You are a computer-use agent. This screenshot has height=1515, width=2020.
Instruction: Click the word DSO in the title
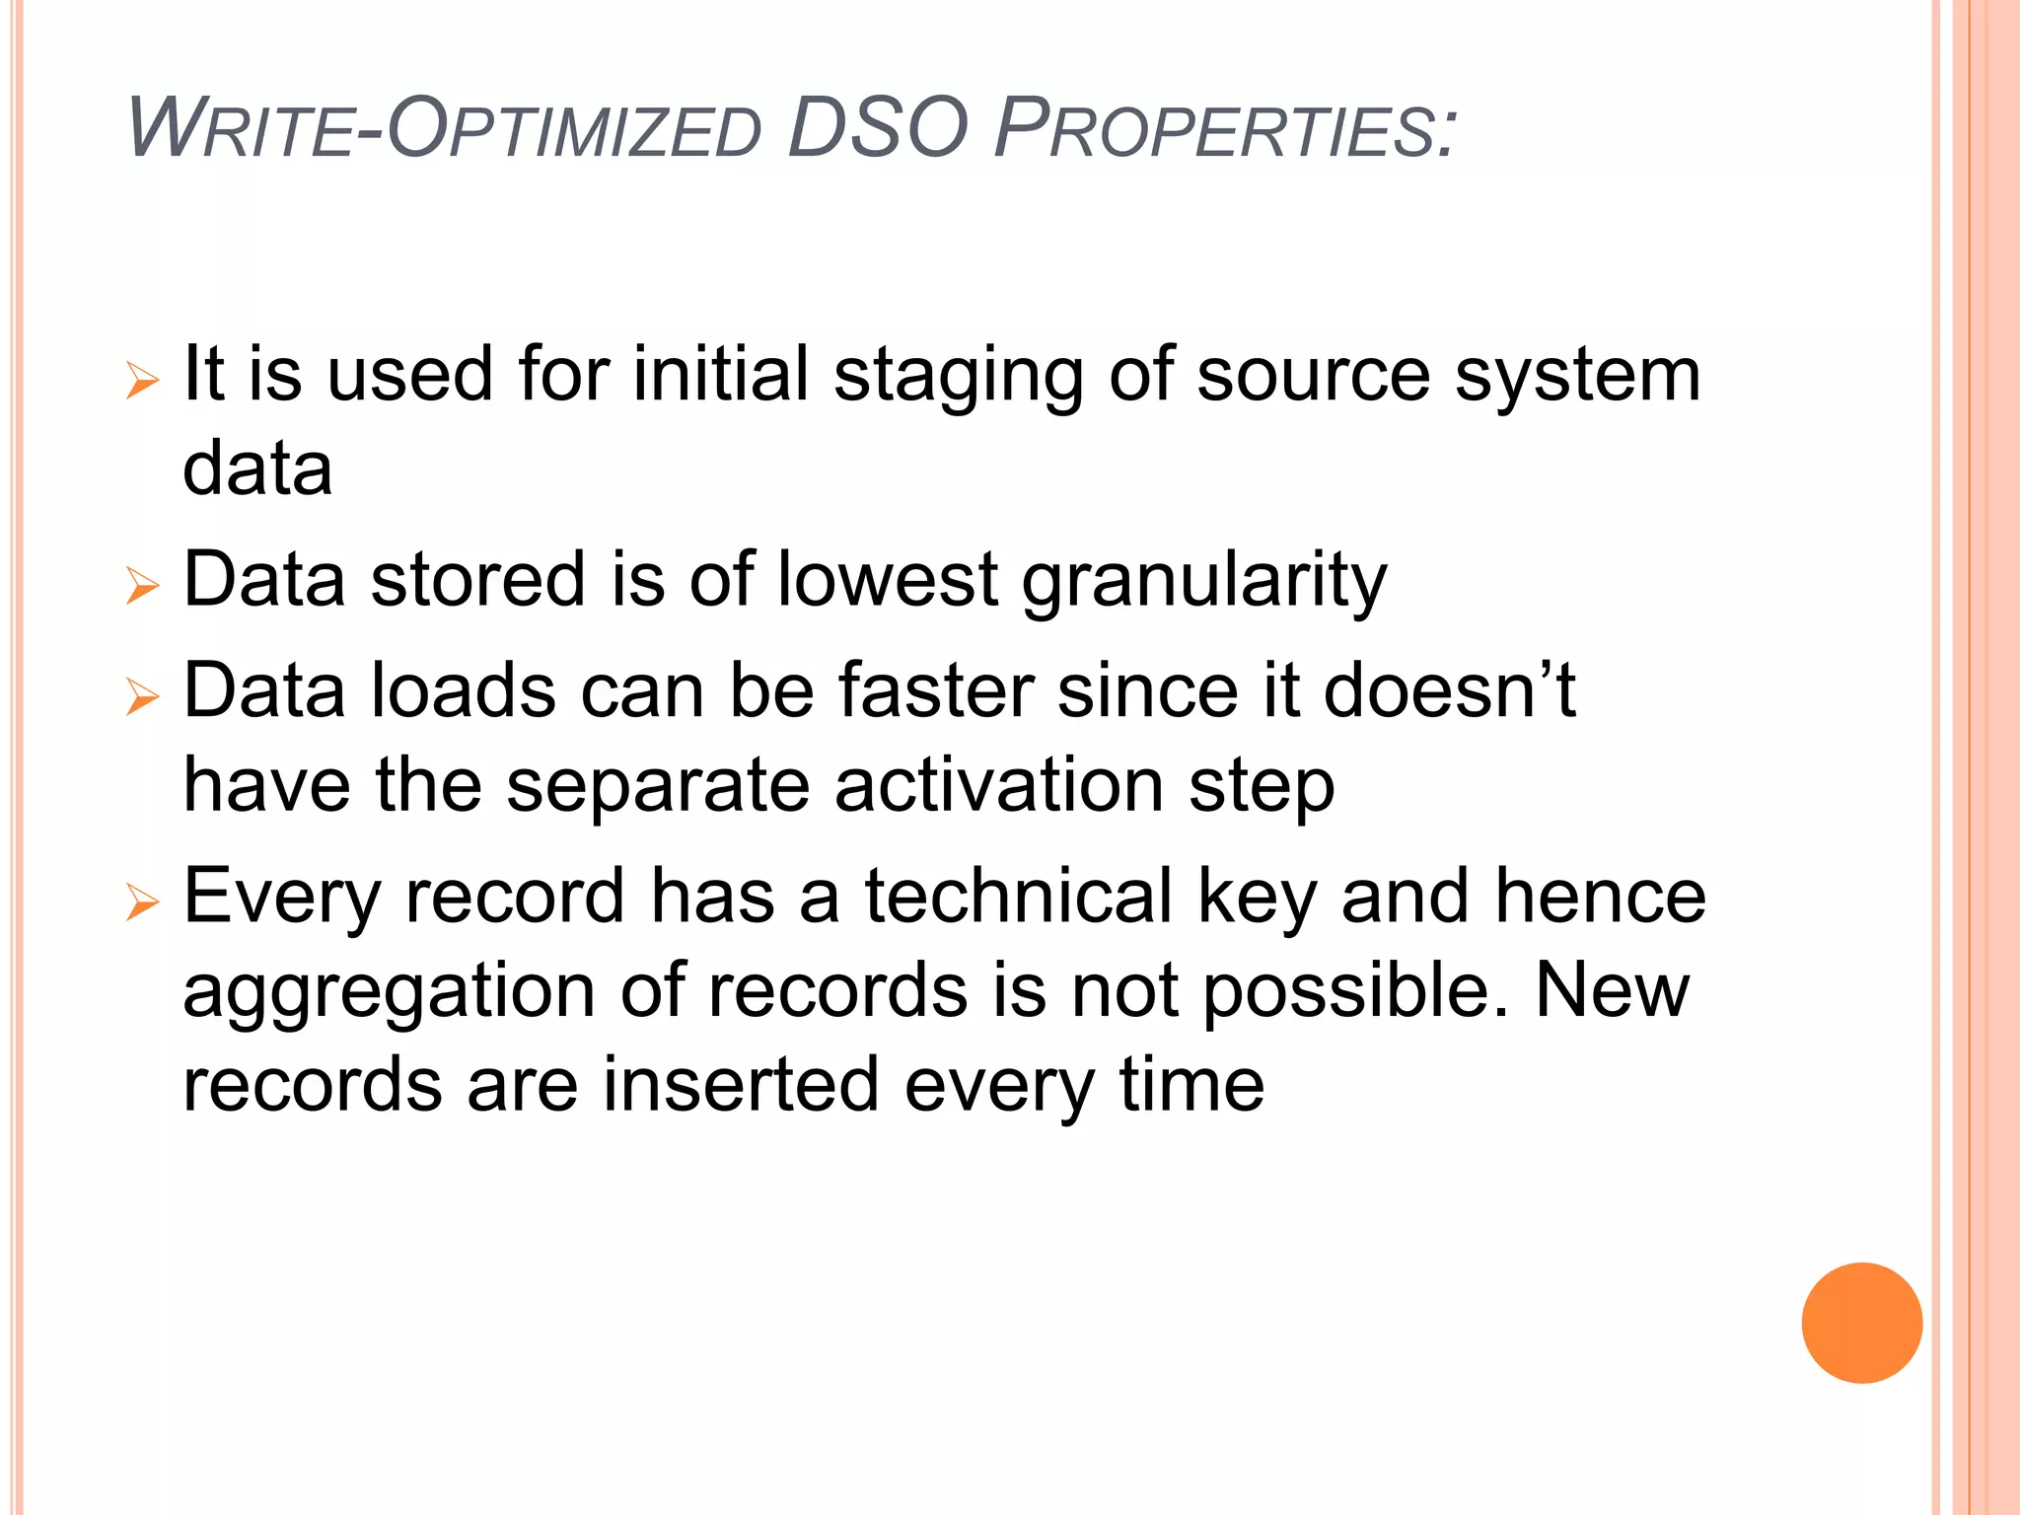click(878, 128)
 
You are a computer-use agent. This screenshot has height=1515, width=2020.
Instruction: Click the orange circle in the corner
click(1861, 1323)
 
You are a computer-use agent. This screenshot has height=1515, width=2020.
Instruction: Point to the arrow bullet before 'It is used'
click(143, 381)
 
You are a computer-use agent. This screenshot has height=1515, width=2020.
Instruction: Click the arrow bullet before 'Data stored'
click(143, 586)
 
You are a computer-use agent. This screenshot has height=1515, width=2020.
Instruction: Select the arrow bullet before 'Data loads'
click(143, 697)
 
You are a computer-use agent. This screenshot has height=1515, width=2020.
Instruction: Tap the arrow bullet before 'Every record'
click(143, 902)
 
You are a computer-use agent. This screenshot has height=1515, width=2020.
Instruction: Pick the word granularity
click(1204, 582)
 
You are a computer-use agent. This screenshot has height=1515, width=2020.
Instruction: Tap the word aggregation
click(389, 992)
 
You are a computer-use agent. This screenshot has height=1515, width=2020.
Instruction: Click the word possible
click(1356, 992)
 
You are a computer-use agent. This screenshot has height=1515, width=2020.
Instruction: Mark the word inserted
click(740, 1085)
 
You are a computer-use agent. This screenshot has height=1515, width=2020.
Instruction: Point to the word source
click(1313, 377)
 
